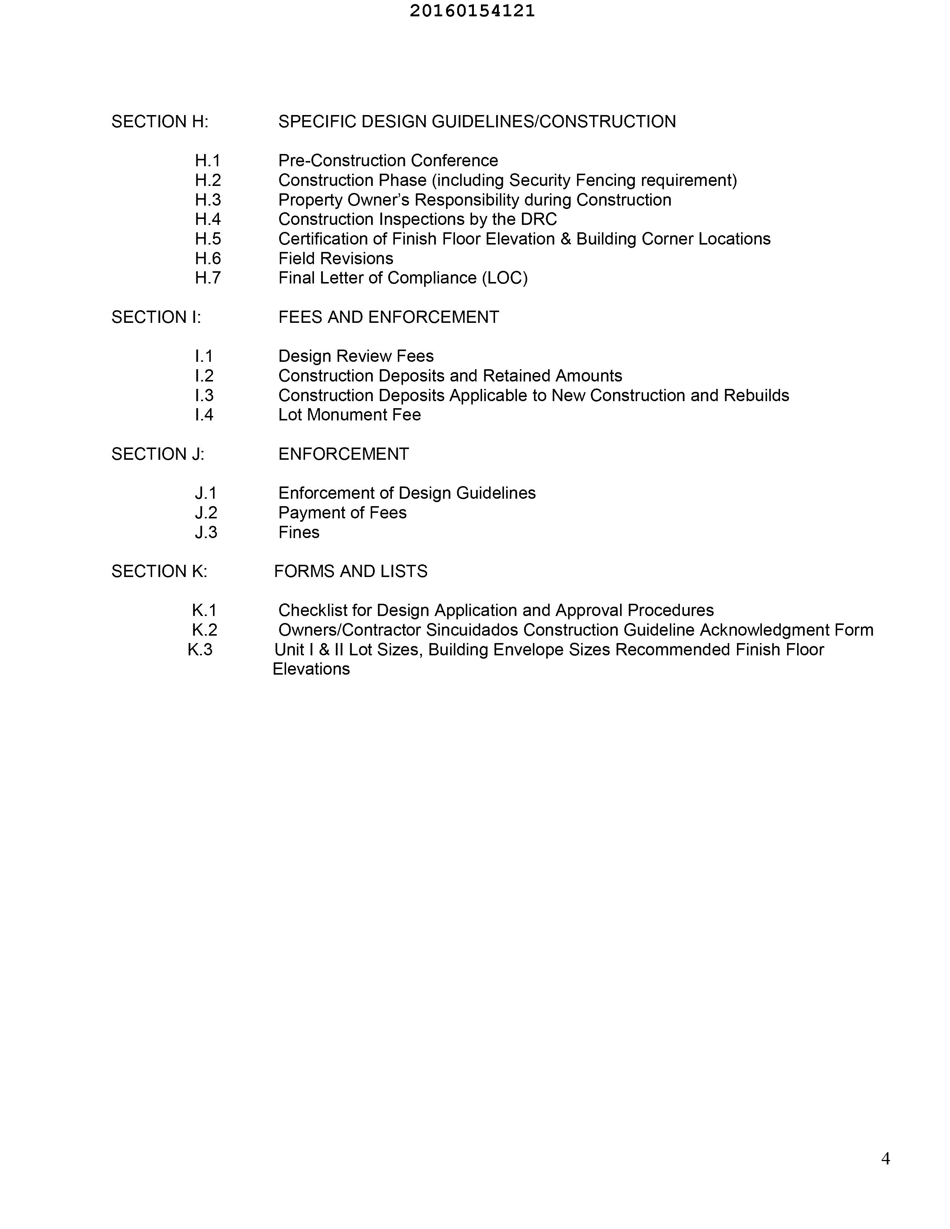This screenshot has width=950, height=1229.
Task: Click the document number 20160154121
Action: pyautogui.click(x=472, y=11)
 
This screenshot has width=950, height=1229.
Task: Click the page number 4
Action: pyautogui.click(x=885, y=1158)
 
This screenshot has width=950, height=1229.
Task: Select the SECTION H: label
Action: pyautogui.click(x=160, y=122)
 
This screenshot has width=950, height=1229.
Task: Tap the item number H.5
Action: pyautogui.click(x=208, y=239)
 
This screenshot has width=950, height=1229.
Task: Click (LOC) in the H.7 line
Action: pyautogui.click(x=505, y=278)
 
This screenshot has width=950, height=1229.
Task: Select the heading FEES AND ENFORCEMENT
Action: pyautogui.click(x=388, y=317)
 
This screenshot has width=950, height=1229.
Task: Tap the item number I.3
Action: pyautogui.click(x=204, y=396)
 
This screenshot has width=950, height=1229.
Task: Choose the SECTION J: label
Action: pyautogui.click(x=158, y=454)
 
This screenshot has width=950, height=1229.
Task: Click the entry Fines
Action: pyautogui.click(x=299, y=532)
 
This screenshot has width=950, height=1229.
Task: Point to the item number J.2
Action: pyautogui.click(x=206, y=513)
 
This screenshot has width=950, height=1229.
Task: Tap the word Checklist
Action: pyautogui.click(x=313, y=610)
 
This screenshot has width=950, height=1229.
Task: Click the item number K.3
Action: pyautogui.click(x=200, y=650)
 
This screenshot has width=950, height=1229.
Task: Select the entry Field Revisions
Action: pyautogui.click(x=335, y=259)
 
